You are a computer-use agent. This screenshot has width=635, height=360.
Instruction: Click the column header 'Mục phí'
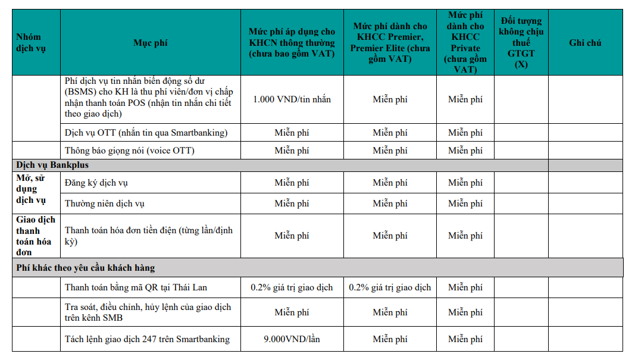click(x=150, y=43)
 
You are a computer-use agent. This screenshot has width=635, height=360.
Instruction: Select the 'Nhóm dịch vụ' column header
click(x=29, y=43)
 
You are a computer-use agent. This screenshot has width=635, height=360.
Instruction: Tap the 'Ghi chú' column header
click(x=585, y=43)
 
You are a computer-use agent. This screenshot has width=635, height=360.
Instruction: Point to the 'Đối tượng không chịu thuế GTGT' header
click(x=521, y=43)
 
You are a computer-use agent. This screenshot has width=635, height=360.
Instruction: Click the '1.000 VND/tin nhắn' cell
click(x=292, y=99)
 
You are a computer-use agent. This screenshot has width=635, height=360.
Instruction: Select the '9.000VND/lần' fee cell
click(x=292, y=339)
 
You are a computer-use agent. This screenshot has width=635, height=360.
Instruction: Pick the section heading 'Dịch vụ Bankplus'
click(x=52, y=165)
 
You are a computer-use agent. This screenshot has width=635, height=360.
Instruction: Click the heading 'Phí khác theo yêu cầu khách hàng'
click(x=85, y=268)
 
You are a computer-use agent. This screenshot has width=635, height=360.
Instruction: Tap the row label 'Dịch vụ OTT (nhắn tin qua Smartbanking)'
click(x=146, y=133)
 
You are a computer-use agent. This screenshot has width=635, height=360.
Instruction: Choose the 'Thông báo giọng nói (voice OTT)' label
click(x=129, y=151)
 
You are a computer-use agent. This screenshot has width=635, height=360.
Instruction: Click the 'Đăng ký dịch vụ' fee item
click(x=96, y=183)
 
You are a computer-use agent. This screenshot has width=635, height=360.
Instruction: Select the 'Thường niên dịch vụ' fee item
click(x=104, y=204)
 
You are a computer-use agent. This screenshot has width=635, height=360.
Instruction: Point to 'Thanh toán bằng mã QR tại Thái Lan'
click(x=136, y=287)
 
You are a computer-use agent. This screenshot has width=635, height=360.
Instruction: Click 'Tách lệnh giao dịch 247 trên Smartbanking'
click(x=147, y=339)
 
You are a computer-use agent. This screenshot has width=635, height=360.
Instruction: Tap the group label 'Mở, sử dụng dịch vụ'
click(x=30, y=189)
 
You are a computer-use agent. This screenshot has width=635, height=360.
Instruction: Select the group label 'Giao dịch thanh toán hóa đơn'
click(x=35, y=236)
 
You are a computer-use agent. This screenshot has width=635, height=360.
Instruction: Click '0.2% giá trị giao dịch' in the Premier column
click(x=390, y=287)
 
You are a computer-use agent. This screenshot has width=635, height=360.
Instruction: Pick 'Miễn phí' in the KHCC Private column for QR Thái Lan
click(x=465, y=287)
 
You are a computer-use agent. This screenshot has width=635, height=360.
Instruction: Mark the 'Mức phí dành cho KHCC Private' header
click(x=465, y=42)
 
